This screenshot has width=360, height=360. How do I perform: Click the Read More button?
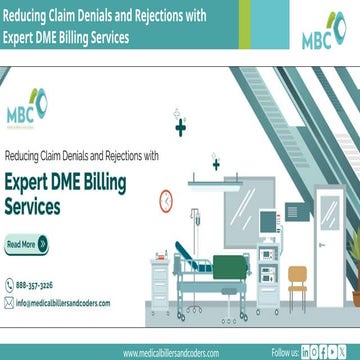coord(26,243)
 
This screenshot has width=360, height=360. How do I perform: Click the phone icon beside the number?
coord(9,284)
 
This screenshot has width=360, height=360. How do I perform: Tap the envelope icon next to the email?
coord(9,302)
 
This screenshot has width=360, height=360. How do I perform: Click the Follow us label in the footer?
coord(285,352)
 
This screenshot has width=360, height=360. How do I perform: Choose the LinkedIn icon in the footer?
coord(306,352)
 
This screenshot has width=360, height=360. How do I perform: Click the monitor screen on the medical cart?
coord(267,221)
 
